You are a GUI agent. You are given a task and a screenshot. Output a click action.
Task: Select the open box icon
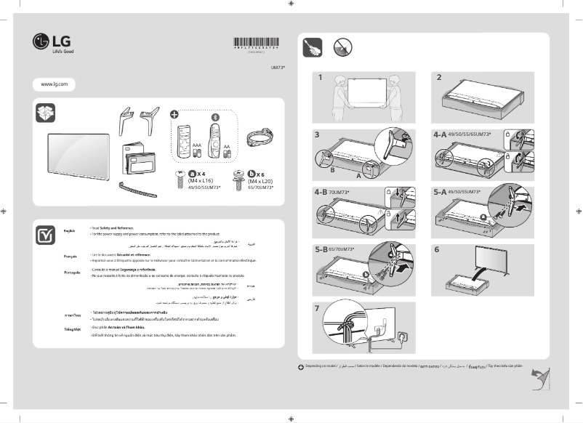pos(45,113)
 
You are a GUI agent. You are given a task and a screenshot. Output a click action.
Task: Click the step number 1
pos(318,76)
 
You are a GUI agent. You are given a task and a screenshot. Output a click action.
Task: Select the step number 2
pos(438,76)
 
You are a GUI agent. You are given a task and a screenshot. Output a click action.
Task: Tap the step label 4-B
pos(321,193)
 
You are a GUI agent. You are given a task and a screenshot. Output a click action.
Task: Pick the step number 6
pos(437,249)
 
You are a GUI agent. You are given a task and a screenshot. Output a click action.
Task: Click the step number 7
pos(317,307)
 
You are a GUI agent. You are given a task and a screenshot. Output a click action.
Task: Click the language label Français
pos(71,257)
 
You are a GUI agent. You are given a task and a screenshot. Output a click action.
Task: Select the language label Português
pos(71,271)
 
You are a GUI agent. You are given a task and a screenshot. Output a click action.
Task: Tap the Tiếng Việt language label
pos(71,329)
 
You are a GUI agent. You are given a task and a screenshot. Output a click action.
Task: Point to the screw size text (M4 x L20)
pos(260,180)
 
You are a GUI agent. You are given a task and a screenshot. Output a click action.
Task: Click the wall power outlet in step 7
pos(397,336)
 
